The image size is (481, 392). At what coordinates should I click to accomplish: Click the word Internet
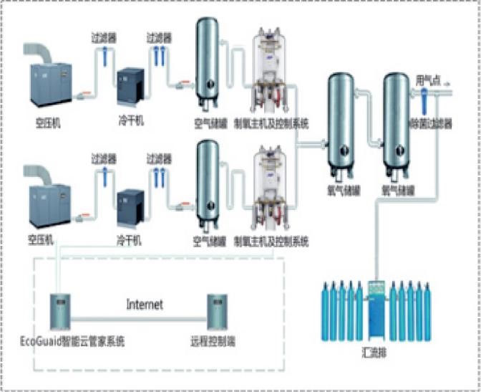pos(145,305)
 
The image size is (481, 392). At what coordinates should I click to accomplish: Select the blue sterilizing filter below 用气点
pos(424,100)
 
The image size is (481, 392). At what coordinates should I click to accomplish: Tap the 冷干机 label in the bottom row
pos(130,241)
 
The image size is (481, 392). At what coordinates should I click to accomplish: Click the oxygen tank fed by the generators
pos(341,122)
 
